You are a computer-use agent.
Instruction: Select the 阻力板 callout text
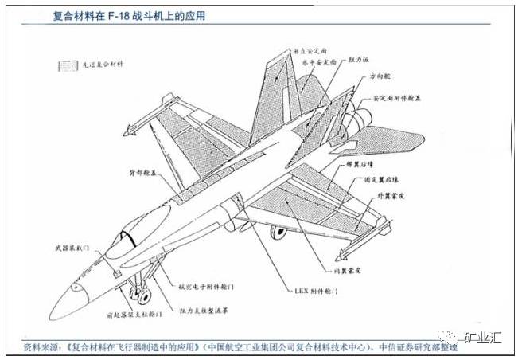point(360,61)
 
